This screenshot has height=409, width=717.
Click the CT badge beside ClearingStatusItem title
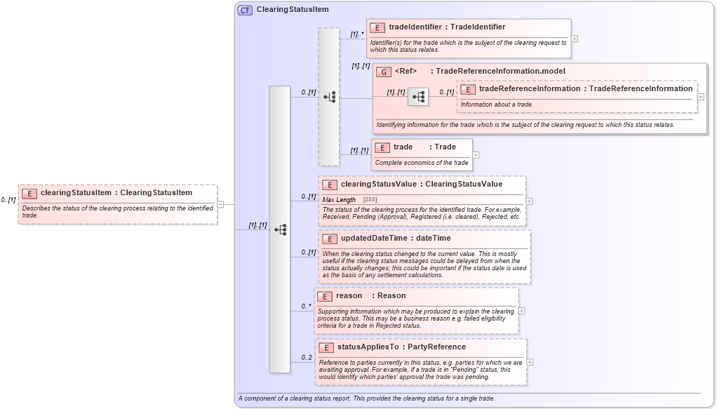point(245,10)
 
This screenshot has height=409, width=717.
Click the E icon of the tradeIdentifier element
point(377,27)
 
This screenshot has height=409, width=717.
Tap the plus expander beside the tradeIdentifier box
point(575,39)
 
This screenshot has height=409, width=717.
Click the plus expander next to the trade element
point(476,155)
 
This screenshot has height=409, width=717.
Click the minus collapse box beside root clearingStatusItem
point(220,205)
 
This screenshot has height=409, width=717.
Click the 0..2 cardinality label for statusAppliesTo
point(307,358)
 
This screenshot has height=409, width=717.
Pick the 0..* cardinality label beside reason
point(307,306)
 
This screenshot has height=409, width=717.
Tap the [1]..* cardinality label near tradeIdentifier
point(357,34)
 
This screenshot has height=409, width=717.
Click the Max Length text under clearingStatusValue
point(339,200)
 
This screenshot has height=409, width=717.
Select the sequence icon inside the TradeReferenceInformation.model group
point(418,98)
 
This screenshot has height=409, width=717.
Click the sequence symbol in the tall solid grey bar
point(280,229)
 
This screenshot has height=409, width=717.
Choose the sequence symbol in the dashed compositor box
point(329,98)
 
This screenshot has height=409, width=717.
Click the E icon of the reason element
point(324,296)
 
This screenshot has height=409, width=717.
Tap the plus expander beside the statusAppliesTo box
point(530,362)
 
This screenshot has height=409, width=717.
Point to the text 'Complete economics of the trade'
point(421,163)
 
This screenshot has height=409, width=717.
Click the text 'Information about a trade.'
point(497,105)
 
